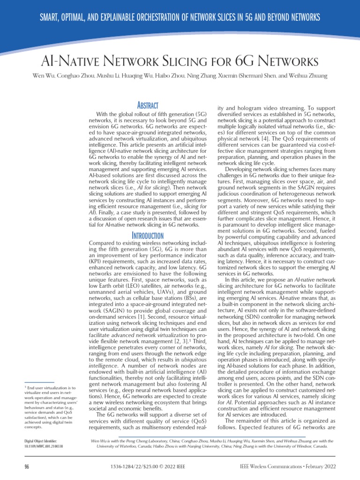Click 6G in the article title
246,61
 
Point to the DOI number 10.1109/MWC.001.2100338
44,447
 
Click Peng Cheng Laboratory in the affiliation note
143,441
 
